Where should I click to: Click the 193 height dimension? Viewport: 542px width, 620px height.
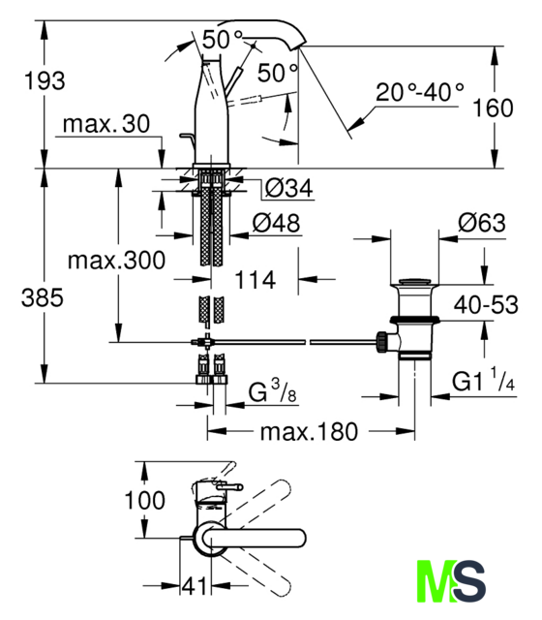(x=45, y=80)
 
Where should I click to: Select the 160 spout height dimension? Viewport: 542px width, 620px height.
(x=493, y=108)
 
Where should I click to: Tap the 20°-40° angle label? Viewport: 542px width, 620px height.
(x=419, y=92)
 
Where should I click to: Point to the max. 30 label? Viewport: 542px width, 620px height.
(x=106, y=124)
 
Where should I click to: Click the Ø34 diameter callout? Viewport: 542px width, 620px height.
(x=288, y=188)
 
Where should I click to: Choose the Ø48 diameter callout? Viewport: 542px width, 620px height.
(x=276, y=223)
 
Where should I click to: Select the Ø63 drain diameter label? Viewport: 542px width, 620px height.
(x=482, y=223)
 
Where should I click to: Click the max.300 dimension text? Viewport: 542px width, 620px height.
(x=116, y=261)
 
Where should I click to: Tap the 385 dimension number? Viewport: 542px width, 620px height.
(x=43, y=297)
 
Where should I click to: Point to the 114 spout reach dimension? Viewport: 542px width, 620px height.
(x=256, y=280)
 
